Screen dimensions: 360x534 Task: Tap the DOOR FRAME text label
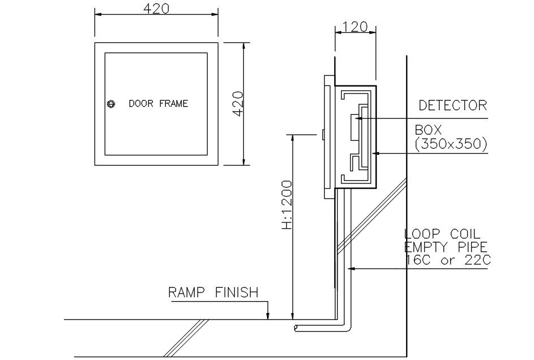[x=158, y=103]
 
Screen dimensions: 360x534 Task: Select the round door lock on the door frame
[x=111, y=103]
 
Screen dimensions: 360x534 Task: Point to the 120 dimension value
[x=354, y=27]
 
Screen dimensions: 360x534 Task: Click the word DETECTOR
[x=453, y=105]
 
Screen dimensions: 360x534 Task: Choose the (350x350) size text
[x=451, y=144]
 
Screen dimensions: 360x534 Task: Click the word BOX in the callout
[x=428, y=130]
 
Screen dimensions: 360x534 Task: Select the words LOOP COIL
[x=442, y=234]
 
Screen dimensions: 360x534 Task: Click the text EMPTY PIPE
[x=446, y=247]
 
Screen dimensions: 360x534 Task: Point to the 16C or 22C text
[x=447, y=260]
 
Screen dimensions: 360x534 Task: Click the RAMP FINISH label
[x=213, y=292]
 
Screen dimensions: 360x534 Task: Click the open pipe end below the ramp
[x=296, y=327]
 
